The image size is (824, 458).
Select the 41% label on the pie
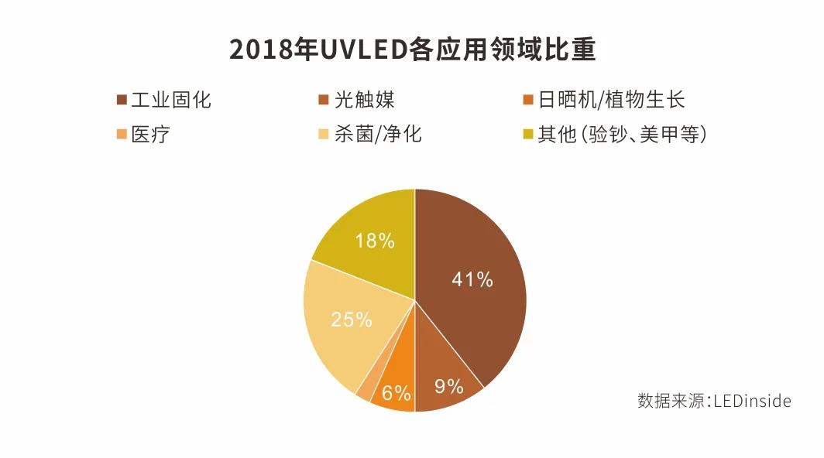(x=472, y=279)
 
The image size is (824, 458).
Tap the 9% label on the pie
(x=448, y=385)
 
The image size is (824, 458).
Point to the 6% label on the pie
(x=396, y=393)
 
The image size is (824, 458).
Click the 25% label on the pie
(x=351, y=319)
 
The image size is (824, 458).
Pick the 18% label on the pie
(x=374, y=241)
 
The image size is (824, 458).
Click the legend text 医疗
(x=150, y=135)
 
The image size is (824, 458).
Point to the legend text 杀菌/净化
(x=379, y=135)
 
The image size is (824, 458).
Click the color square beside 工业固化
(x=121, y=101)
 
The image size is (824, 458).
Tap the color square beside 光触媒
(x=320, y=101)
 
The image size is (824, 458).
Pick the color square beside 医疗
(x=121, y=135)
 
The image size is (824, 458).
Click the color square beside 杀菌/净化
(x=320, y=135)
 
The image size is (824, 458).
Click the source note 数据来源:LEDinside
(x=714, y=401)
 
